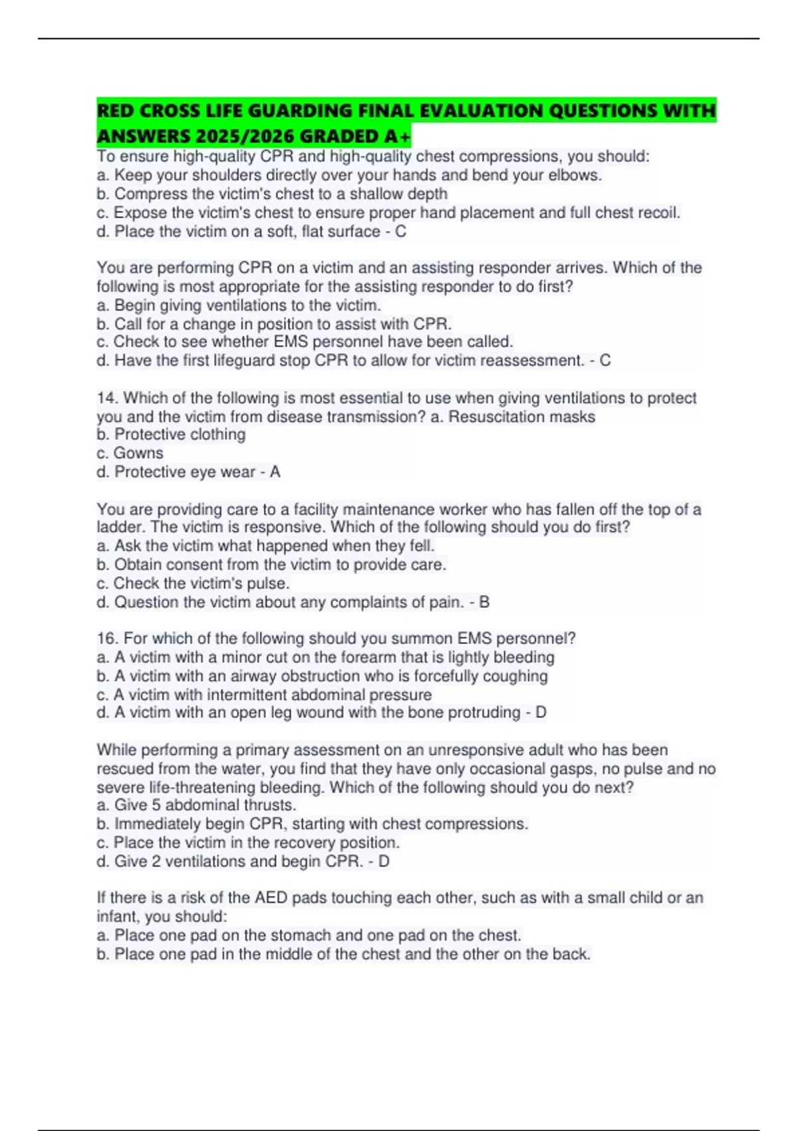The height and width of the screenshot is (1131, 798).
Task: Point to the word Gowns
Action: [138, 453]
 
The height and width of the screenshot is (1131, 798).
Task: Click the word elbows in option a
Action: [576, 176]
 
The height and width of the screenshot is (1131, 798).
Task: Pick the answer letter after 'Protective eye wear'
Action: [275, 472]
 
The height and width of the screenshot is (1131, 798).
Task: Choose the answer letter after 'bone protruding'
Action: [541, 713]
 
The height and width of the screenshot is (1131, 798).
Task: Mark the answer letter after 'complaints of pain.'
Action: [484, 603]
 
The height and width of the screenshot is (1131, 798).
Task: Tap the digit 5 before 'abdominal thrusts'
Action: [156, 806]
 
